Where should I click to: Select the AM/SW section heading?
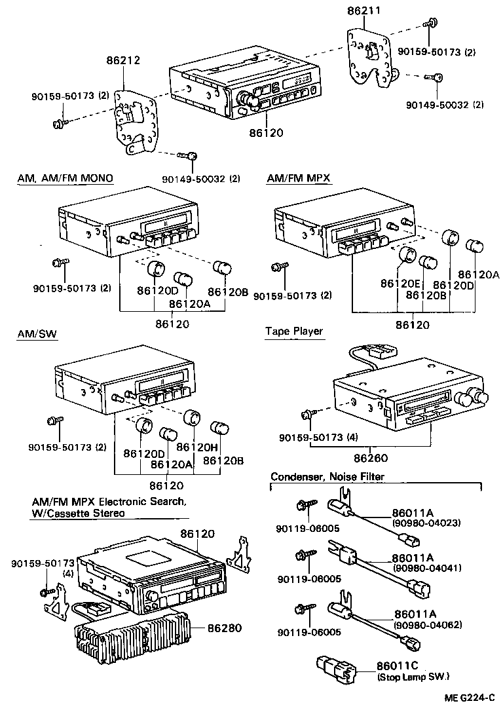(x=37, y=334)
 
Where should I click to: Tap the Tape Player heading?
(x=294, y=331)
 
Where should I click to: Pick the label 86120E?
(x=401, y=284)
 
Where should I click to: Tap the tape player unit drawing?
(x=406, y=393)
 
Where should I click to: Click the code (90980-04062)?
(x=427, y=625)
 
